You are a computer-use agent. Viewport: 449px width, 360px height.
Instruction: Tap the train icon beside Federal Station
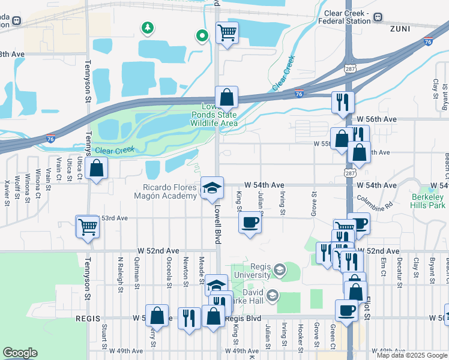click(x=378, y=17)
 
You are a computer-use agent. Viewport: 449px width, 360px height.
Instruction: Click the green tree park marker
click(x=146, y=28)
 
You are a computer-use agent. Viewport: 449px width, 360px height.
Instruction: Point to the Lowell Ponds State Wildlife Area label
click(x=215, y=115)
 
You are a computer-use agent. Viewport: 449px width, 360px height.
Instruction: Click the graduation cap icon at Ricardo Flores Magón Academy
click(x=211, y=187)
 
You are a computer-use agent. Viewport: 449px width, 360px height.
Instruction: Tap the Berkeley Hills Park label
click(x=429, y=201)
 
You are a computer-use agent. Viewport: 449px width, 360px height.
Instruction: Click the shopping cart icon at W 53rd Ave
click(x=88, y=227)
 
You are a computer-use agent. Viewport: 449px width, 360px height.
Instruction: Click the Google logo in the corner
click(x=20, y=353)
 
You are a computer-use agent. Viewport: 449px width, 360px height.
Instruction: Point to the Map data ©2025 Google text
click(x=412, y=355)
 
